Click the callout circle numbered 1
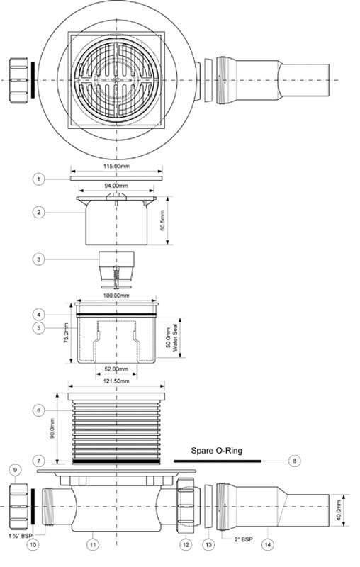click(39, 179)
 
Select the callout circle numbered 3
click(39, 259)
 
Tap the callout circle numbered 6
click(39, 410)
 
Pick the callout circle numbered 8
click(295, 461)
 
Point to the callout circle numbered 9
click(15, 470)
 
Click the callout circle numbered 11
click(93, 544)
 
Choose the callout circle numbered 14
click(267, 544)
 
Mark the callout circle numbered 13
click(208, 544)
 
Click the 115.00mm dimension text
click(116, 167)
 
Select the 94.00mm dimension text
click(116, 186)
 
